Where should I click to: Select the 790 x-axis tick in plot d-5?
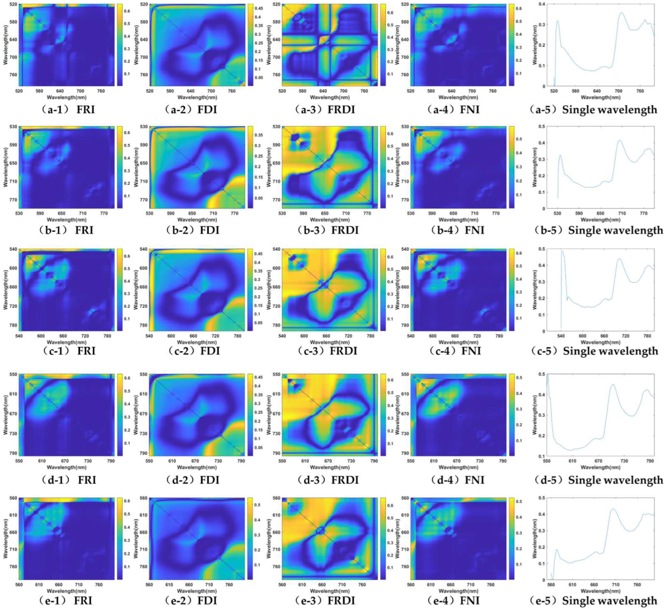point(650,461)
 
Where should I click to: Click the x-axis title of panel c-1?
point(67,342)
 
